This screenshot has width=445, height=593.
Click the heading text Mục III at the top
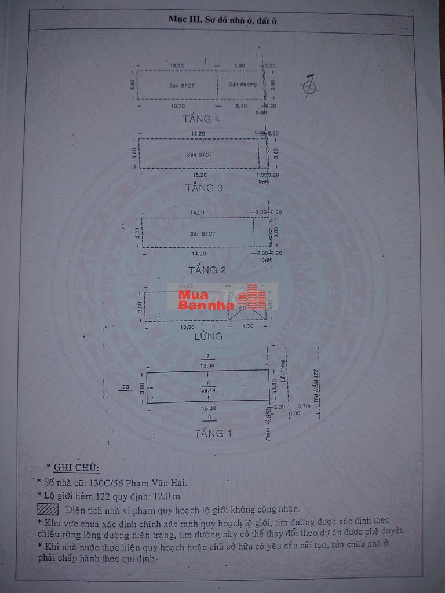[184, 19]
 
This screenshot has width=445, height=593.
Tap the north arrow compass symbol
[310, 86]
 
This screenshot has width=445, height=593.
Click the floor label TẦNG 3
[204, 188]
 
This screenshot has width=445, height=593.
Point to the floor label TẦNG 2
[207, 270]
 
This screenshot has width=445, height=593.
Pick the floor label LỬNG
[209, 335]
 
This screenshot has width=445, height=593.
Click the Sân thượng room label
[242, 85]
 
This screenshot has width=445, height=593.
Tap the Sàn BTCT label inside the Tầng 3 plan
[199, 155]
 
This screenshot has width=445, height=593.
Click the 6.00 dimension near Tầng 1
[294, 413]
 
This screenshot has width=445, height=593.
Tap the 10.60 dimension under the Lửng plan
[186, 327]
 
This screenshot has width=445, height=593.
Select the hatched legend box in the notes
[48, 510]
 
